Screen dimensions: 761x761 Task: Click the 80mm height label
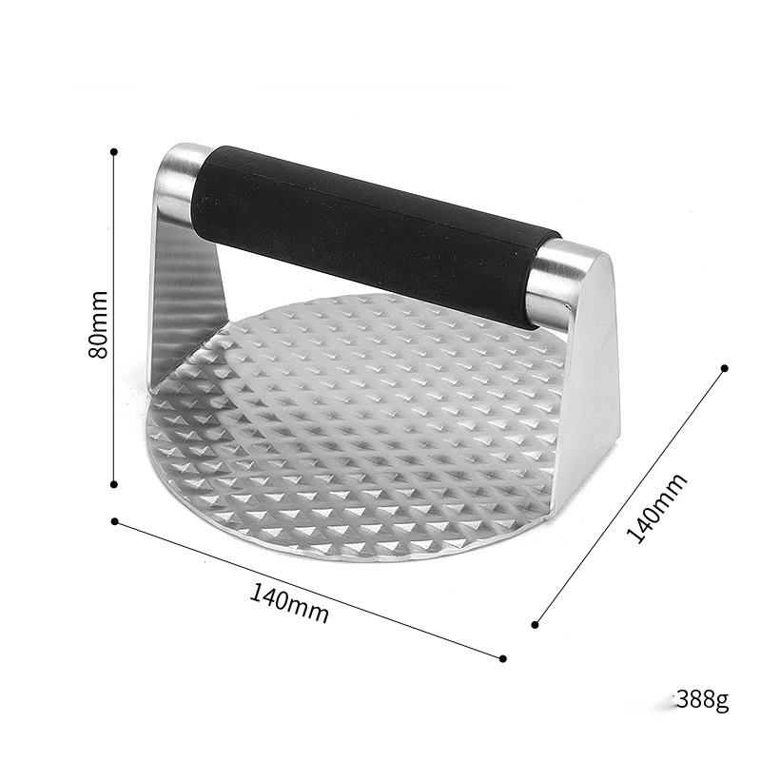click(x=99, y=324)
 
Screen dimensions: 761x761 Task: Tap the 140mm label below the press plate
click(x=289, y=604)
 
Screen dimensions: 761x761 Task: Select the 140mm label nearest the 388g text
click(x=656, y=508)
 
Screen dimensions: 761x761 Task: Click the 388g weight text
click(x=702, y=699)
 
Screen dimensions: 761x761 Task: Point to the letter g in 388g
click(x=722, y=702)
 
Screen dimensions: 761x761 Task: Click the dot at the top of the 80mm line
click(x=114, y=152)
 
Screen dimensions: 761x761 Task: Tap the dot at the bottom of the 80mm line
click(x=114, y=484)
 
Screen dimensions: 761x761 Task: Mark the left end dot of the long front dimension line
click(x=115, y=521)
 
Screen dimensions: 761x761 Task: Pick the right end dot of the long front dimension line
click(x=503, y=658)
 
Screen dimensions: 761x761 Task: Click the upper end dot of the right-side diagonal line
click(x=725, y=368)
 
